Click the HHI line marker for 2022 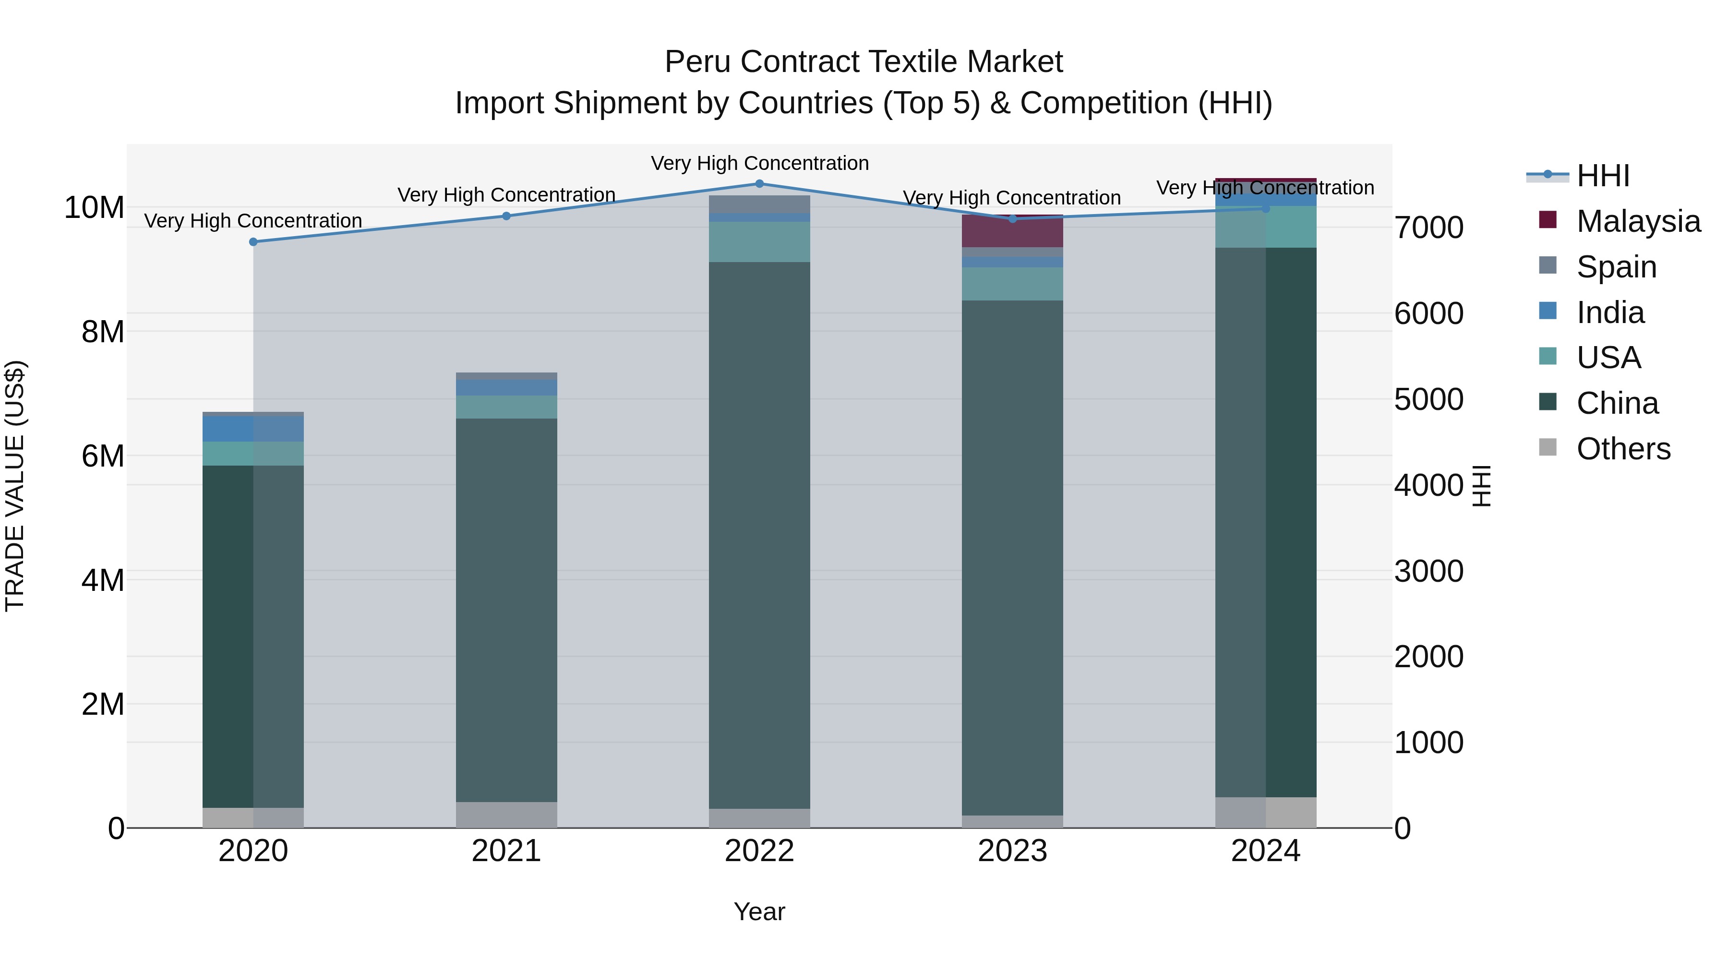759,184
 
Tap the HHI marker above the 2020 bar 253,242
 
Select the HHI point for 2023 1012,219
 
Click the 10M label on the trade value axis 94,207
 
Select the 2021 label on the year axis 506,851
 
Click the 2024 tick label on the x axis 1265,851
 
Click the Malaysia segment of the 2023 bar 1012,231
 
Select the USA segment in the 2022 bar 759,241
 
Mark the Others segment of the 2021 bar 506,815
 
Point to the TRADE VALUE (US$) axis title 15,486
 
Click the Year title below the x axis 759,912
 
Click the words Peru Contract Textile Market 864,62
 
